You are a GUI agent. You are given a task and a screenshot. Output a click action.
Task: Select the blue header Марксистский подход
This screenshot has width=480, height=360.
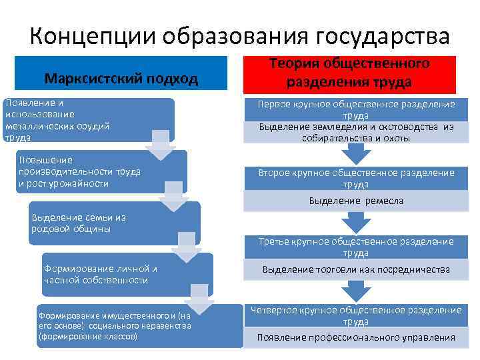click(121, 79)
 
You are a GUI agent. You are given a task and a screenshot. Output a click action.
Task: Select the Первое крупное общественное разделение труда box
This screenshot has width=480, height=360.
click(356, 109)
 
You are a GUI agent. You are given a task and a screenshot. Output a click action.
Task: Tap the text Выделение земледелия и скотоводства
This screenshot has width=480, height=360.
click(356, 132)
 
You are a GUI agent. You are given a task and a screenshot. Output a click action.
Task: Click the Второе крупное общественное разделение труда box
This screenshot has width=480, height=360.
click(356, 177)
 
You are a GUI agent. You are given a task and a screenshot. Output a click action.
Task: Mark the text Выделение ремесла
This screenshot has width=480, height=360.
click(356, 201)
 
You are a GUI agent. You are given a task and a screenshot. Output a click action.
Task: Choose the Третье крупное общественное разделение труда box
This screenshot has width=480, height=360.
click(356, 247)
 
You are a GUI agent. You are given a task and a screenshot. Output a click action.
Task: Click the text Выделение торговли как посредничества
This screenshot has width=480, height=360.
click(356, 269)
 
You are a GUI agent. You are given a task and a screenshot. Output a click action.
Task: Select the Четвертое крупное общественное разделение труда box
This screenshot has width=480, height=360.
click(356, 315)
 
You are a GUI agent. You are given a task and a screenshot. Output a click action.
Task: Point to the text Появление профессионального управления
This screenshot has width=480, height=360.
click(356, 337)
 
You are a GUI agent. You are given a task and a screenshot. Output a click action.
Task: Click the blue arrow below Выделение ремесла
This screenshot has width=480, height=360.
click(356, 222)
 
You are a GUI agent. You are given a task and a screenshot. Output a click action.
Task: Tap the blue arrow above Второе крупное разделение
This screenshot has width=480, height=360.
click(356, 153)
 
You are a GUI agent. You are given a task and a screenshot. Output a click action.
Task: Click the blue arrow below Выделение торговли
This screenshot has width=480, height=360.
click(356, 291)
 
